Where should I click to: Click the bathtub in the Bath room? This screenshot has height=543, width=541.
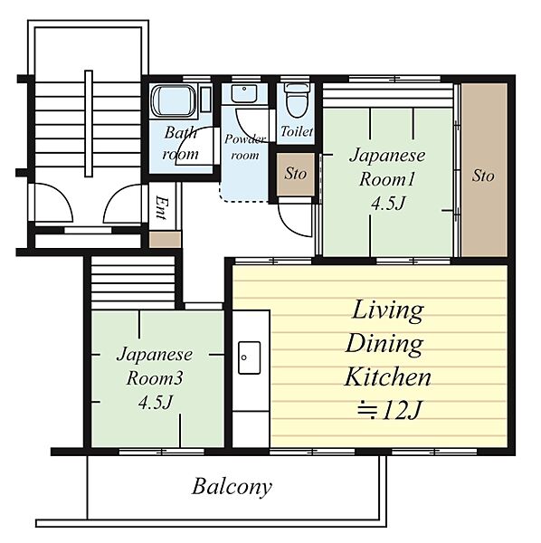(x=174, y=100)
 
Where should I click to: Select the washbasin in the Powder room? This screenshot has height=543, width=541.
(x=244, y=93)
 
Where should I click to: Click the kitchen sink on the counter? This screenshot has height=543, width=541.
(x=249, y=357)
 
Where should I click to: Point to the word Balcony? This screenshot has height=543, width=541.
(x=232, y=487)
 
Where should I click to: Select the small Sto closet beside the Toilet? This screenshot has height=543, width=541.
(x=296, y=174)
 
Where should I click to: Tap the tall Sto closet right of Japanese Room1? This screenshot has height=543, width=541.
(x=484, y=170)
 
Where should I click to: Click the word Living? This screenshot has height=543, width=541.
(x=388, y=310)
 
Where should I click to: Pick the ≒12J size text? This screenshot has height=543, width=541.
(x=389, y=410)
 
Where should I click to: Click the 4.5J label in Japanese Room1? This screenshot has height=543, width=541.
(x=388, y=204)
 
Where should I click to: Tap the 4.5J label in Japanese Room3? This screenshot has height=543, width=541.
(x=156, y=403)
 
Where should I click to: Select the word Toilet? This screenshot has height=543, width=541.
(x=297, y=131)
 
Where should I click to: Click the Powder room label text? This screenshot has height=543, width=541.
(x=245, y=147)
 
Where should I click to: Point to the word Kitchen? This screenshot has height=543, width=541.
(x=388, y=376)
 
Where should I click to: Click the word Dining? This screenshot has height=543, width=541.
(x=384, y=344)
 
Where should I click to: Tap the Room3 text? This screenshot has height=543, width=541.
(x=155, y=378)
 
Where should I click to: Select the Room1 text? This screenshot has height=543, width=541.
(x=386, y=180)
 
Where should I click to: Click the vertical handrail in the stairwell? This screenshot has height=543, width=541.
(x=89, y=124)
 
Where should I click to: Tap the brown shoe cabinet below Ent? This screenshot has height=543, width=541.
(x=165, y=240)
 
